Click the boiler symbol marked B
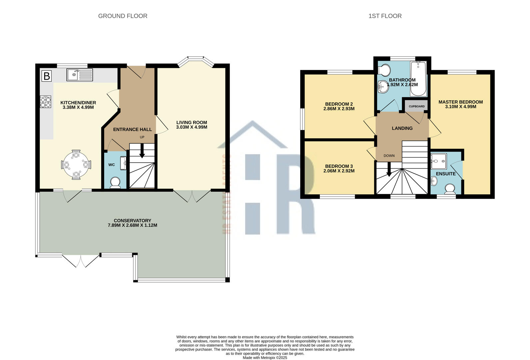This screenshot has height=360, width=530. click(47, 76)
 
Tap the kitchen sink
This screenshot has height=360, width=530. click(80, 75)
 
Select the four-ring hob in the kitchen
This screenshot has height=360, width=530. click(45, 102)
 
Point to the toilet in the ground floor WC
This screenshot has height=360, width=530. click(116, 183)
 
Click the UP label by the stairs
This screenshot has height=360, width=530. click(142, 137)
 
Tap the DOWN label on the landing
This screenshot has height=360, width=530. click(389, 156)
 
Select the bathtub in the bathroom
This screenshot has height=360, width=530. click(418, 79)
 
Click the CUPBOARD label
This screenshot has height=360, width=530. click(417, 107)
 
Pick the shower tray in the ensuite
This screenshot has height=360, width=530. click(439, 161)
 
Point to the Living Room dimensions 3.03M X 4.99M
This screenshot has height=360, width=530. click(192, 127)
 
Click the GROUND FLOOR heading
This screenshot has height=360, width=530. click(123, 16)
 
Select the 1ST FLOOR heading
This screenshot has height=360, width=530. click(385, 16)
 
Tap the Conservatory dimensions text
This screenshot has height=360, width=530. click(133, 225)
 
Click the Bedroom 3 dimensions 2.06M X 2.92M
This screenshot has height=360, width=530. click(339, 171)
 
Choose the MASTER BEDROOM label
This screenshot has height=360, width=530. click(461, 102)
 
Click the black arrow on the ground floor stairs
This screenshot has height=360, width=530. click(142, 151)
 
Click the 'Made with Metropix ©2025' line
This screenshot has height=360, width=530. click(265, 358)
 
